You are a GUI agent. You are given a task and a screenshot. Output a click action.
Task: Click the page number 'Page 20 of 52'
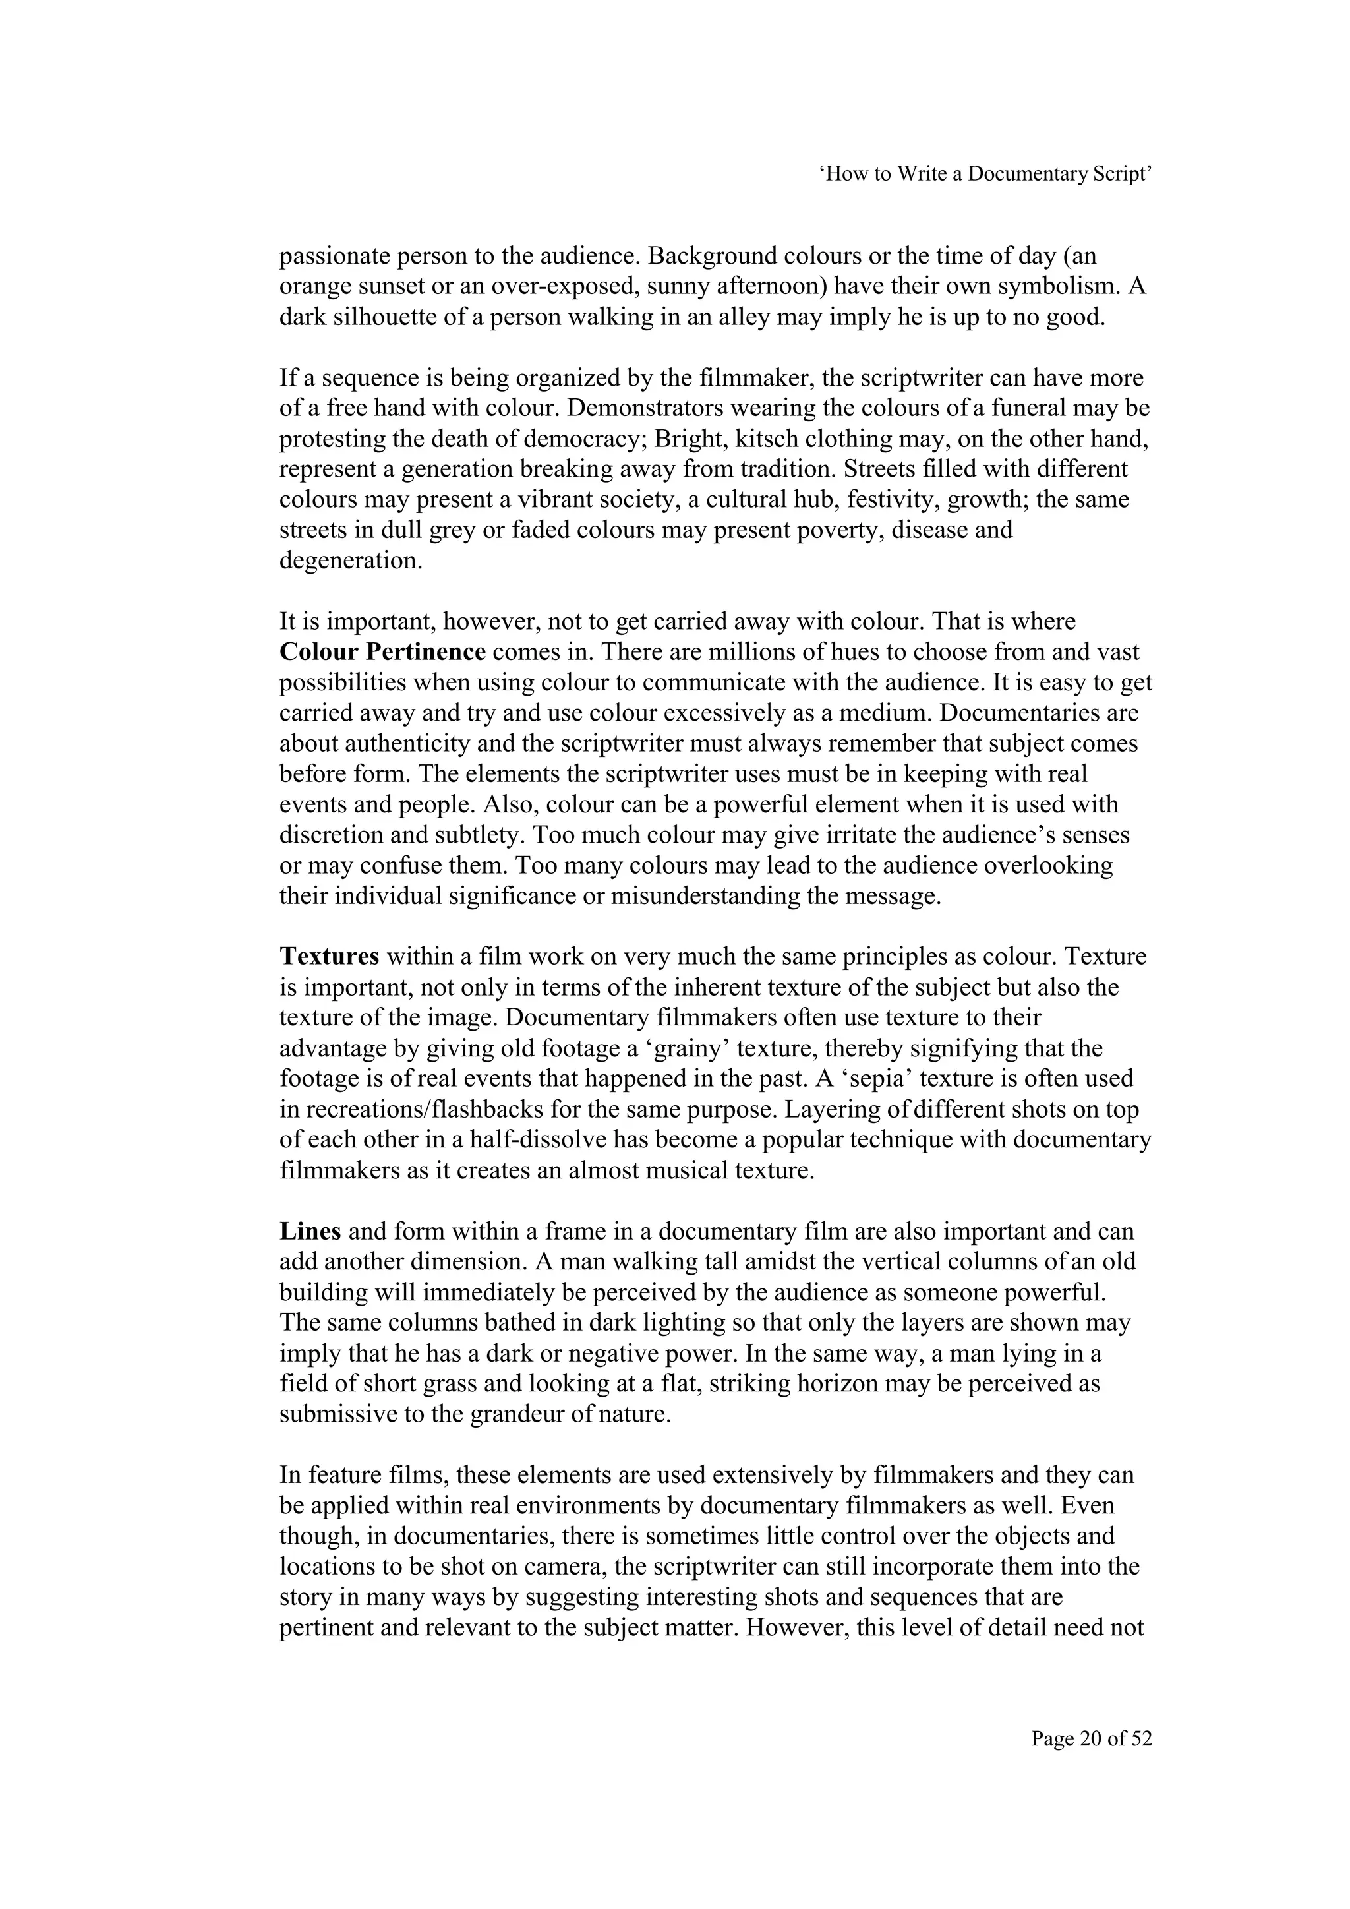coord(1092,1739)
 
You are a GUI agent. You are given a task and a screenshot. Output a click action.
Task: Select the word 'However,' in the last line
coord(796,1628)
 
